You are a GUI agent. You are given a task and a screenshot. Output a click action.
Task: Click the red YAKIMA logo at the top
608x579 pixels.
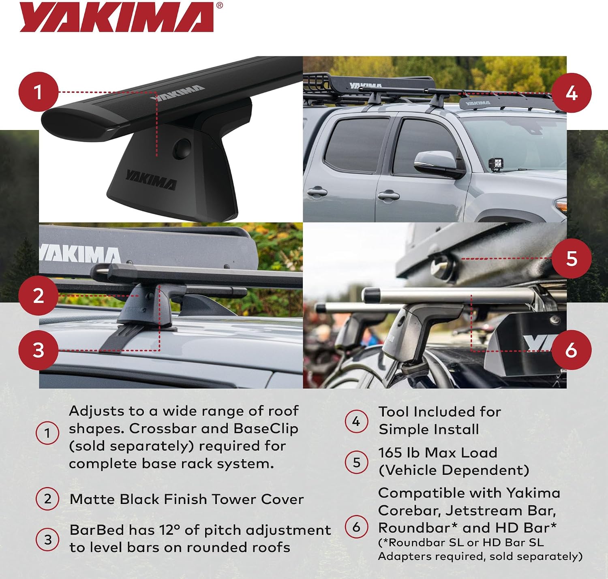tap(117, 17)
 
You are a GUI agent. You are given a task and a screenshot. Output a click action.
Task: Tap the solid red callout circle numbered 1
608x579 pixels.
tap(39, 92)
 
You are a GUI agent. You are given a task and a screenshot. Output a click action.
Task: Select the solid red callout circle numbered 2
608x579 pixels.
tap(39, 295)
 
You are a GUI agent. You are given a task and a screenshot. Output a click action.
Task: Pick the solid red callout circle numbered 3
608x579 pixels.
tap(39, 350)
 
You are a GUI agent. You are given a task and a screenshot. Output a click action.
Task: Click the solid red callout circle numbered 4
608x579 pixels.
tap(572, 93)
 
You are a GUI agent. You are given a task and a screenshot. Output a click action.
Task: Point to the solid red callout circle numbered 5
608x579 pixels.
tap(572, 259)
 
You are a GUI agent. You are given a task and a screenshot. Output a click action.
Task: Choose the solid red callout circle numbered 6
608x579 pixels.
tap(572, 350)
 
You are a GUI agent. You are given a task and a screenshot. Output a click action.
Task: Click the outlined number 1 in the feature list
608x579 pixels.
tap(47, 433)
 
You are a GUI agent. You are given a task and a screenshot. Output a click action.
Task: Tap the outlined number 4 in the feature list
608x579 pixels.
tap(356, 421)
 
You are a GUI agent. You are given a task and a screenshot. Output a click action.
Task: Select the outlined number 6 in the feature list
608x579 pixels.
tap(356, 526)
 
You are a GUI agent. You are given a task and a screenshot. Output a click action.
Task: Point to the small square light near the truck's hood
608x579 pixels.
tap(496, 165)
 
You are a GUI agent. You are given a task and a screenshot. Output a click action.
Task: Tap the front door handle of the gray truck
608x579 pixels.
tap(388, 196)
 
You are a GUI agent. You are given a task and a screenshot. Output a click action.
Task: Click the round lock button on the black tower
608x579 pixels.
tap(182, 149)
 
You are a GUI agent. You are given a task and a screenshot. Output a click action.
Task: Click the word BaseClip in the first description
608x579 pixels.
tap(266, 428)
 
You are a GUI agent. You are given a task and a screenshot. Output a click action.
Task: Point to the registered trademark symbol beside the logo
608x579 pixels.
tap(219, 5)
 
